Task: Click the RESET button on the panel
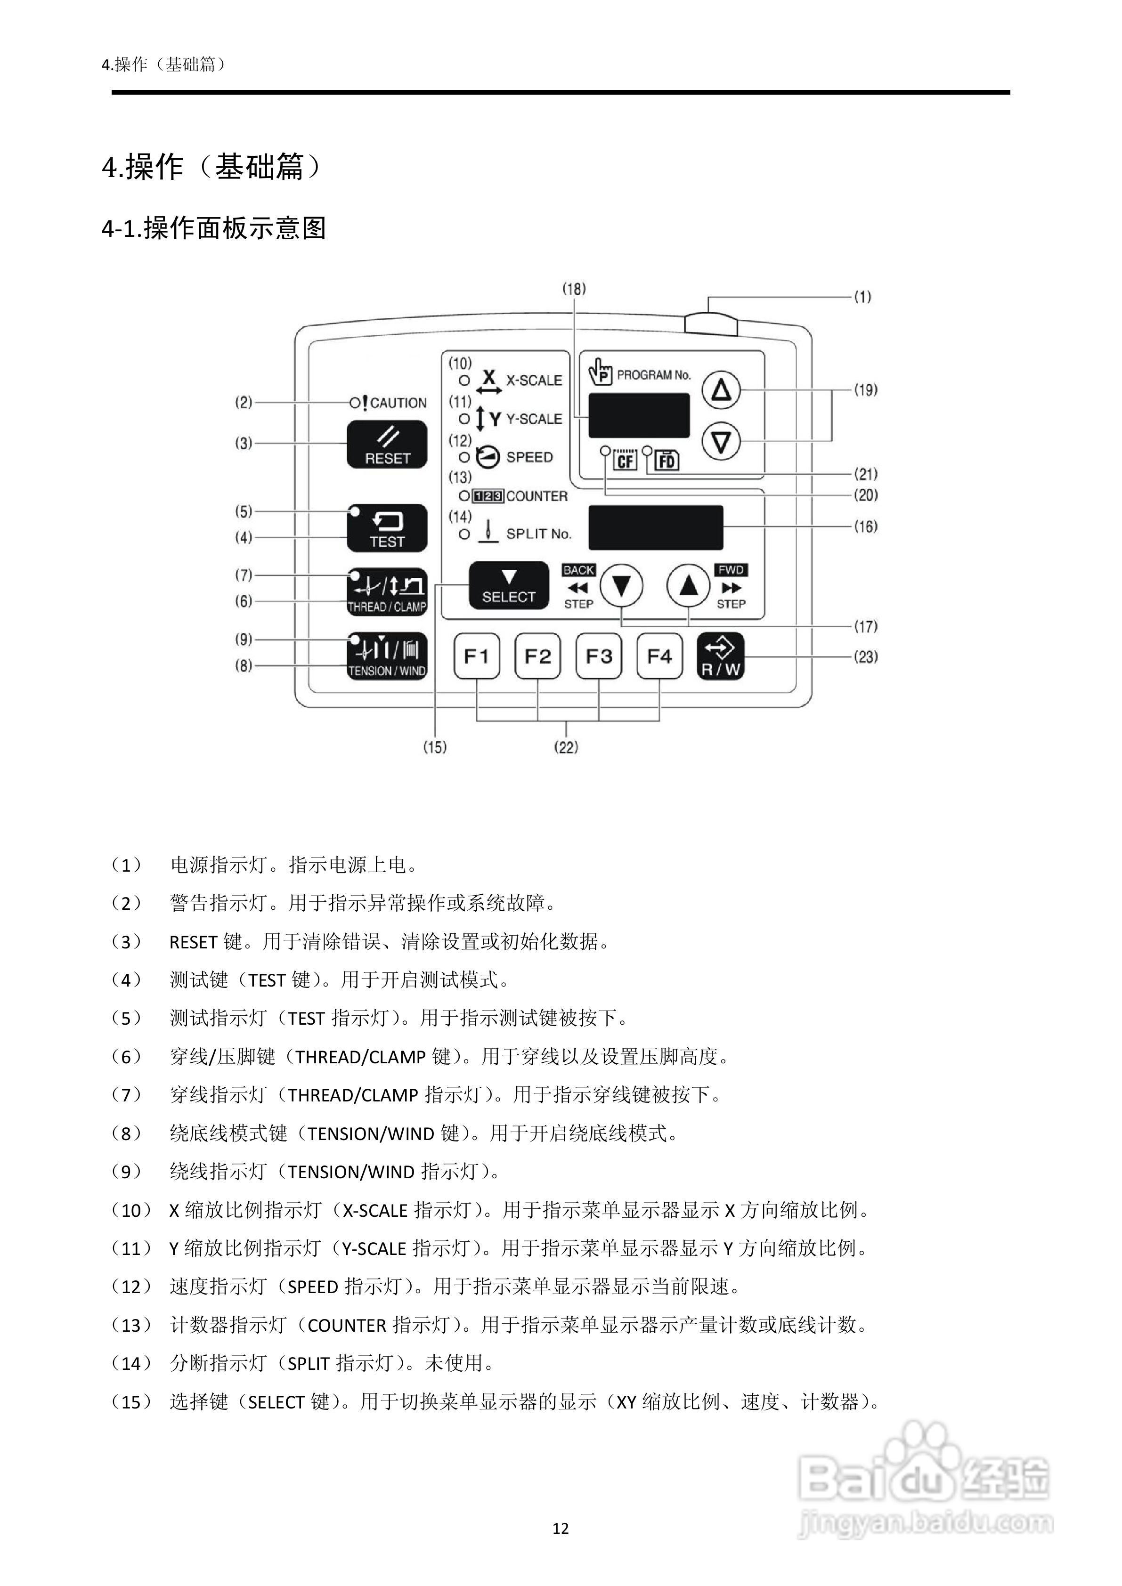pyautogui.click(x=387, y=445)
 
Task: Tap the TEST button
pyautogui.click(x=387, y=528)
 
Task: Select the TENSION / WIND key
pyautogui.click(x=387, y=656)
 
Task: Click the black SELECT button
pyautogui.click(x=509, y=586)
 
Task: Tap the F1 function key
pyautogui.click(x=477, y=656)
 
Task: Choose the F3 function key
pyautogui.click(x=598, y=656)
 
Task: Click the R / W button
pyautogui.click(x=721, y=656)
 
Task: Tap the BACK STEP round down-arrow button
pyautogui.click(x=621, y=586)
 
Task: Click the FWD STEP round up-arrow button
pyautogui.click(x=688, y=586)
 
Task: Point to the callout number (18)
pyautogui.click(x=573, y=289)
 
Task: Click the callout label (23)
pyautogui.click(x=866, y=656)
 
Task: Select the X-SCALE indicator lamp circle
pyautogui.click(x=464, y=380)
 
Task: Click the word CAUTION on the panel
pyautogui.click(x=398, y=403)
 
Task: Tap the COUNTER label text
pyautogui.click(x=537, y=496)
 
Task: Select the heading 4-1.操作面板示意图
pyautogui.click(x=214, y=228)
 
